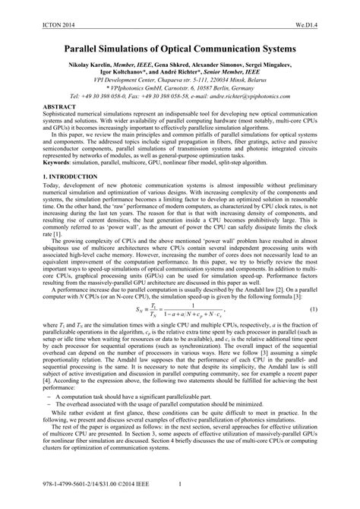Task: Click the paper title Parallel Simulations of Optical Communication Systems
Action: (180, 46)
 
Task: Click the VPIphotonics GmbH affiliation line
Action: (182, 89)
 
